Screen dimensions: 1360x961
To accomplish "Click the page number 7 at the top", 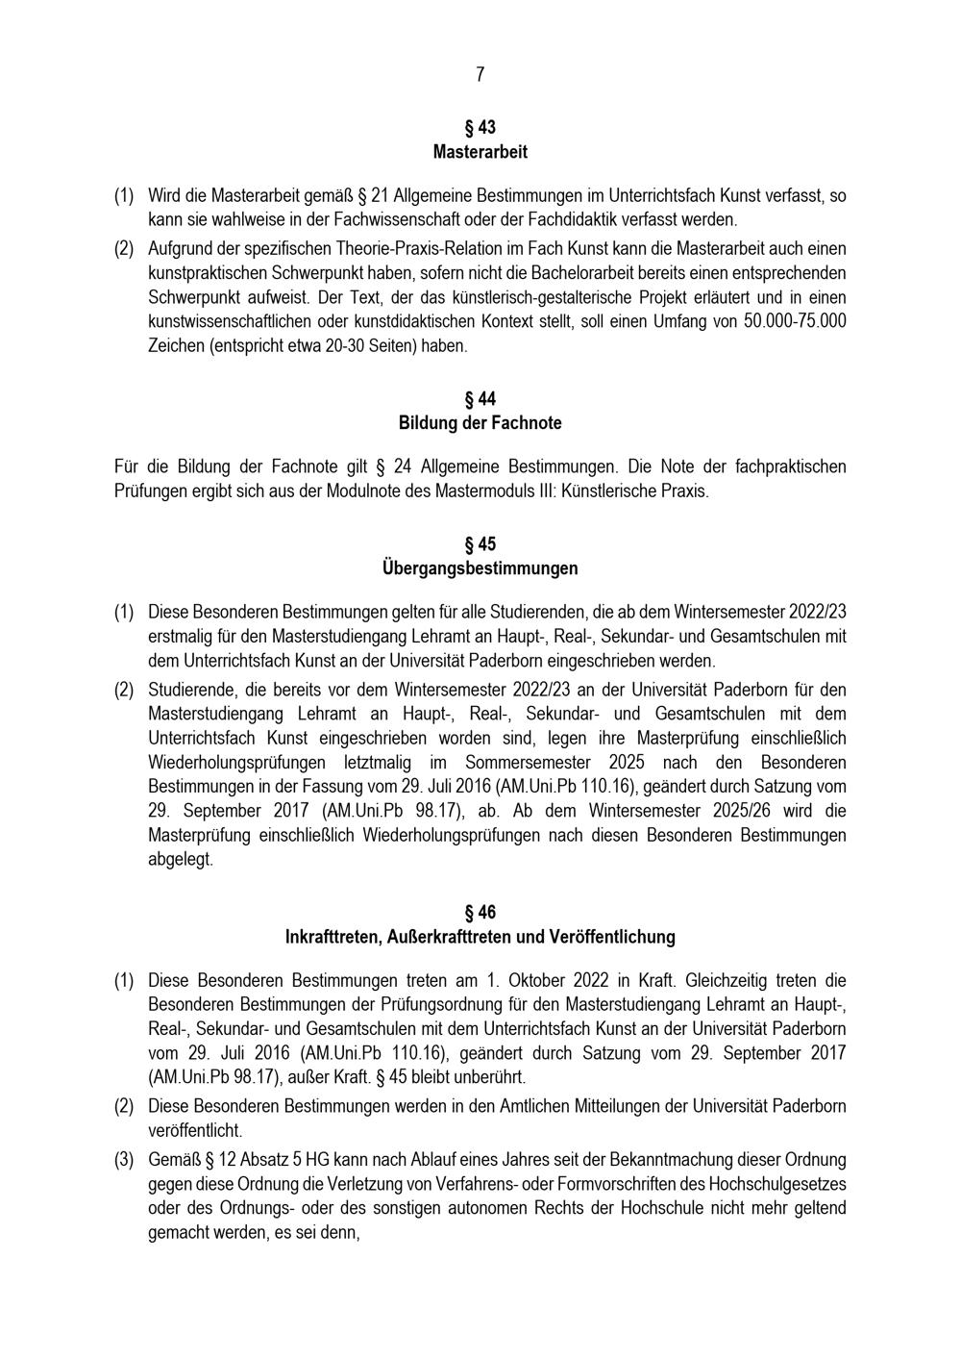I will [480, 75].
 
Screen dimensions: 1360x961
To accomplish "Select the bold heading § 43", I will [480, 128].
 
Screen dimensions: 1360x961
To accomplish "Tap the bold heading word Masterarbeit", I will [480, 152].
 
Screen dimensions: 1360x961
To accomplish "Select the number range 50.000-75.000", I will [795, 321].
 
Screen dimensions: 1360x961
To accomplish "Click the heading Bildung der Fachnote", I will [480, 423].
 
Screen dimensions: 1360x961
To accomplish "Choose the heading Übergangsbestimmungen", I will [480, 568].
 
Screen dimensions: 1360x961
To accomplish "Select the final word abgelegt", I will [181, 860].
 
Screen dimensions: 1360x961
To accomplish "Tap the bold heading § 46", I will [480, 912].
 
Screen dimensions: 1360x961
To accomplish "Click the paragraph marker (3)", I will [124, 1160].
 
